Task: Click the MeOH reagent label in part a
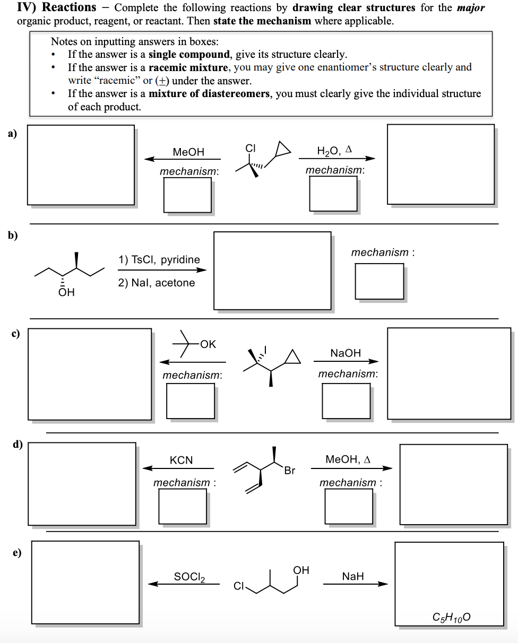coord(188,152)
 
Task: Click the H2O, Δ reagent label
coord(334,151)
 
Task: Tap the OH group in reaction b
coord(66,292)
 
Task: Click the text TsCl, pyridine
coord(159,259)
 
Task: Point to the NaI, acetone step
coord(157,283)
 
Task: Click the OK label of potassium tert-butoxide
coord(208,344)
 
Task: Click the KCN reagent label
coord(182,460)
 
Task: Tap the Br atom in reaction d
coord(289,471)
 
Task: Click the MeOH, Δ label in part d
coord(348,459)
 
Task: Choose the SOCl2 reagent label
coord(189,577)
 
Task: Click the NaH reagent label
coord(353,577)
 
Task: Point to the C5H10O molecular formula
coord(451,617)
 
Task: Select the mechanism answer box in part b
coord(379,281)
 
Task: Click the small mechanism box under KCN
coord(183,505)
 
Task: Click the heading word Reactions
coord(69,7)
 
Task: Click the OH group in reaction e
coord(301,570)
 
